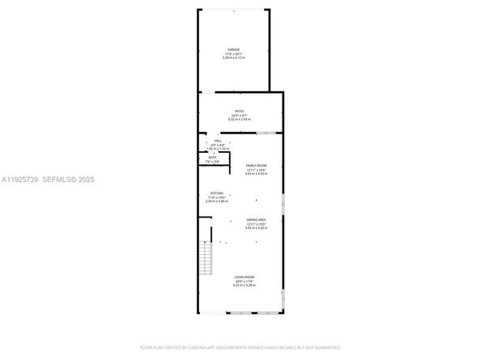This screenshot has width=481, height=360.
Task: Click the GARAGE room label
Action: tap(233, 49)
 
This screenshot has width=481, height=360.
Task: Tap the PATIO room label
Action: tap(240, 111)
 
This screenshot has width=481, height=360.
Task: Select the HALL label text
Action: tap(218, 140)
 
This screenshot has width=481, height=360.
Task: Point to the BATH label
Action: tap(212, 158)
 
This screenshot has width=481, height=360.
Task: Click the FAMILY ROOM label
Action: tap(257, 165)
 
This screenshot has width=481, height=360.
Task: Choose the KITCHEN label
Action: tap(217, 193)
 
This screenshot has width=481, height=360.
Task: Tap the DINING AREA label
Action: tap(257, 220)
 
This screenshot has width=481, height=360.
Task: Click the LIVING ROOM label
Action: tap(240, 277)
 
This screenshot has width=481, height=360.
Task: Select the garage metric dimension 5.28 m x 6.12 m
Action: tap(233, 58)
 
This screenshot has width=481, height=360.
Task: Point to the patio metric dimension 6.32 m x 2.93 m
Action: tap(240, 120)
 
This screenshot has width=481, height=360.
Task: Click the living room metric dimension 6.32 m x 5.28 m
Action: tap(240, 286)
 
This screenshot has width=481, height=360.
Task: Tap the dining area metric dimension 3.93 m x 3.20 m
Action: tap(257, 229)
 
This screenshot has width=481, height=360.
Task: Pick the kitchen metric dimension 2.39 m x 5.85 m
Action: tap(217, 201)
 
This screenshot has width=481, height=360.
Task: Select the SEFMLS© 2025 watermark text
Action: tap(73, 179)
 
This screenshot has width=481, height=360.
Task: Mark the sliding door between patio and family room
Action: tap(269, 132)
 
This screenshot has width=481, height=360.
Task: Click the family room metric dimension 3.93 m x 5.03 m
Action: tap(257, 174)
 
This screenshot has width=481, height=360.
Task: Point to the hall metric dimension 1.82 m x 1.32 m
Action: tap(218, 149)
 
